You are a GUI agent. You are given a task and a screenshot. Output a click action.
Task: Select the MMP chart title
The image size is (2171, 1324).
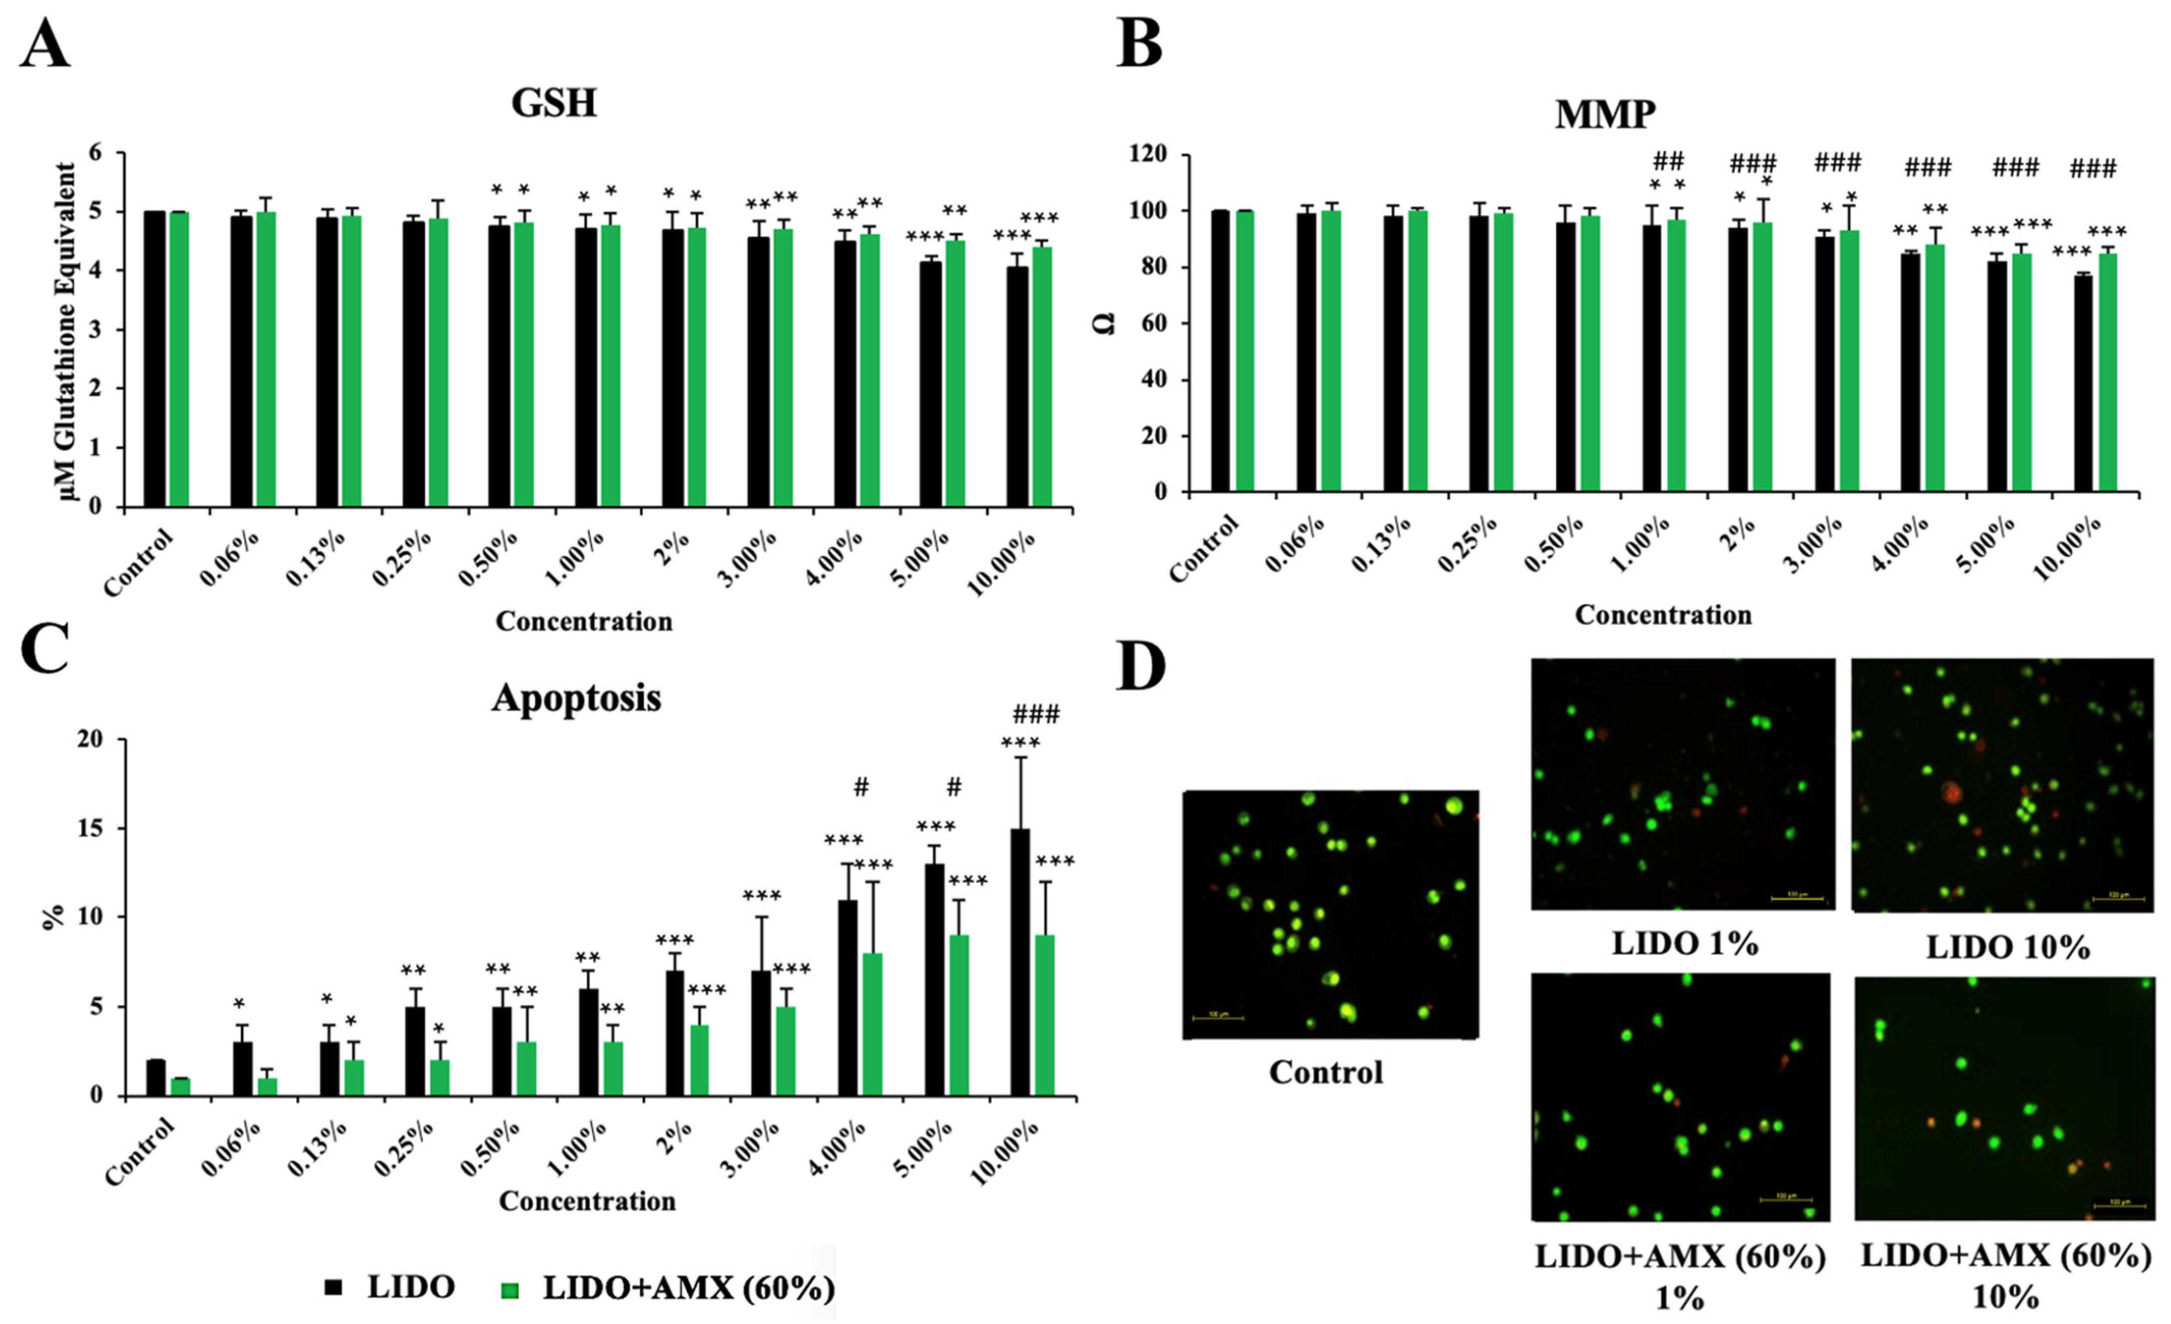click(1605, 114)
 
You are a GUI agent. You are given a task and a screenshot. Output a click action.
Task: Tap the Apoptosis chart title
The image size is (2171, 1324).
click(576, 698)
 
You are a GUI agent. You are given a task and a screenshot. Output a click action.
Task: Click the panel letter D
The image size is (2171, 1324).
click(1141, 667)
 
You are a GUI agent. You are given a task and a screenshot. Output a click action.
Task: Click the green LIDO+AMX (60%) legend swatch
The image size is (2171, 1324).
click(510, 1290)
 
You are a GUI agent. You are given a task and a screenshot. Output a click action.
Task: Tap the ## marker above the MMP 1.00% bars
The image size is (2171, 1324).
click(1668, 161)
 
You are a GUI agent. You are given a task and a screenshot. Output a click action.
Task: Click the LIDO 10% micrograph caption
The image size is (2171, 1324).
click(2007, 948)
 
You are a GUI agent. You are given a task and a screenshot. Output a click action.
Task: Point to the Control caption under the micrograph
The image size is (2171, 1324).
click(1326, 1072)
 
